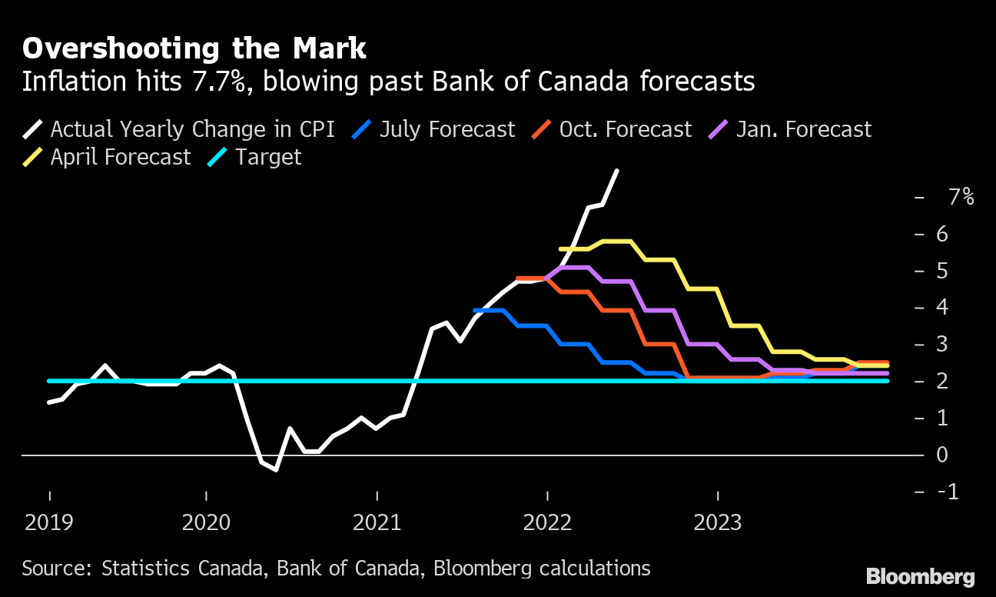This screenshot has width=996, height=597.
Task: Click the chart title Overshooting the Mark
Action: [194, 48]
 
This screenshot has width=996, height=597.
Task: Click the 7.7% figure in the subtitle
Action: [231, 82]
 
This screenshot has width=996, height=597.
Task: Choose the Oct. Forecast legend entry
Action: [612, 128]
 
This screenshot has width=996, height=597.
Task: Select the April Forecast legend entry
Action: [109, 157]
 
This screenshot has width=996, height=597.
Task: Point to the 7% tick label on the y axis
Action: [961, 197]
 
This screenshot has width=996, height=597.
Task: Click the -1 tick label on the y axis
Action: [949, 491]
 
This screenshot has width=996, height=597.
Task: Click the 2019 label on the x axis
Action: [50, 523]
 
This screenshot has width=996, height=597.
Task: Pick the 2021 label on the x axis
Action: [377, 523]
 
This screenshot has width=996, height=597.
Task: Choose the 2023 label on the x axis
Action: [718, 523]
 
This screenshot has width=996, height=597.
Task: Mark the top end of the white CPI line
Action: [617, 171]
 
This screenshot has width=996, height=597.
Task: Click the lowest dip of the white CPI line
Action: [276, 469]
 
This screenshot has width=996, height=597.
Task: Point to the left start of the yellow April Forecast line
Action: [561, 249]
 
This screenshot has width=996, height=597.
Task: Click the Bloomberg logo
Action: [920, 577]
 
